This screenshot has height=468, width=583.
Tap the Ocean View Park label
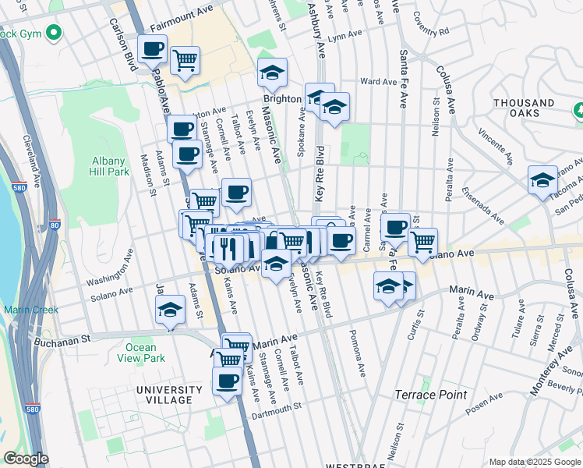pos(144,353)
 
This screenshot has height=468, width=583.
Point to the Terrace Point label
pos(430,395)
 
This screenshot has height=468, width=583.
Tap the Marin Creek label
pos(30,310)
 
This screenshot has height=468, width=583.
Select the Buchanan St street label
pos(63,339)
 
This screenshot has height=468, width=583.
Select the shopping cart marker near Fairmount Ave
pos(185,60)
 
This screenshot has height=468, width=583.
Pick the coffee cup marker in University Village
pos(228,381)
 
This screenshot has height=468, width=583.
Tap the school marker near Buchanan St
pos(170,310)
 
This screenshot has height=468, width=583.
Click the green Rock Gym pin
pos(54,34)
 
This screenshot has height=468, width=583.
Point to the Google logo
pos(26,459)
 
